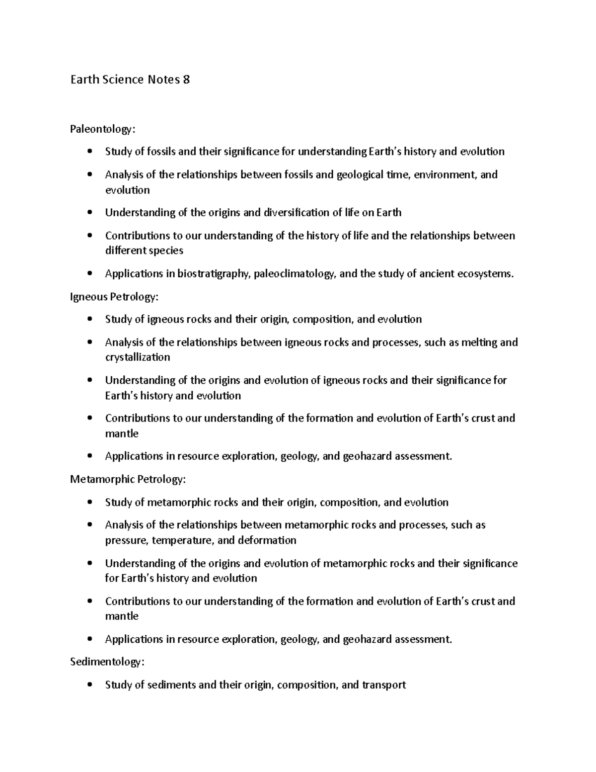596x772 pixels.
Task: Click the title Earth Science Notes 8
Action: point(130,80)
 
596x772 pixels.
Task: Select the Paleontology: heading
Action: point(102,129)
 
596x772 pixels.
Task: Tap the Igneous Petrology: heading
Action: point(114,297)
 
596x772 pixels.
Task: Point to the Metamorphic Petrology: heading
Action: point(128,480)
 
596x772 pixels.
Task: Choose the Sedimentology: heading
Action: point(108,662)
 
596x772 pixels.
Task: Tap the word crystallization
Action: point(138,357)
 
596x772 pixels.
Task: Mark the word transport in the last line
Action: point(384,685)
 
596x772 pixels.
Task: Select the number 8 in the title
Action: point(186,80)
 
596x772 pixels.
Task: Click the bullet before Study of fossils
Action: point(89,152)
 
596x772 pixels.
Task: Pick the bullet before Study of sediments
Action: point(89,685)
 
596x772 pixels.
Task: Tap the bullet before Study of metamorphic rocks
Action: point(89,503)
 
